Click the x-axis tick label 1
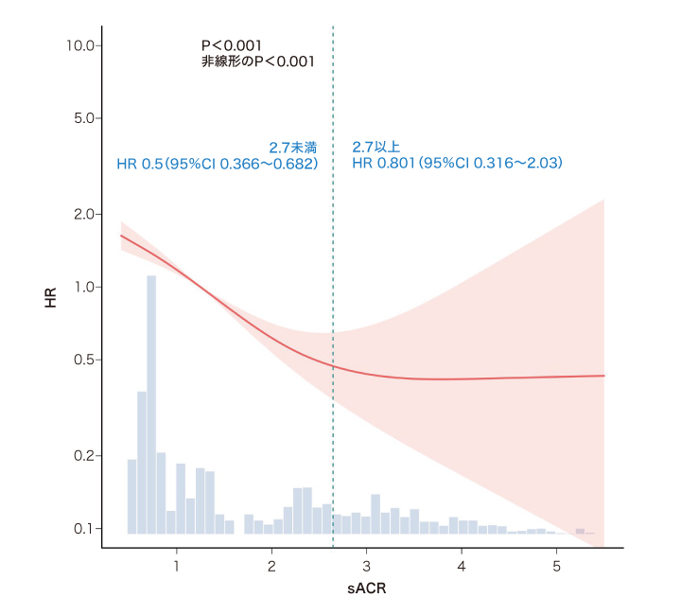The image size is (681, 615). (177, 566)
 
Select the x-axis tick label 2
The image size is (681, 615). (271, 566)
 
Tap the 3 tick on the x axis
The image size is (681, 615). (367, 566)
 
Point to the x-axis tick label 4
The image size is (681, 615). (462, 566)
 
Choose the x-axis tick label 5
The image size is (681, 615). (556, 566)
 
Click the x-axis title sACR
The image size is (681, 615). (366, 589)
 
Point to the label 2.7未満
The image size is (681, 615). (293, 147)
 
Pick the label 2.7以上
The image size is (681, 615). (376, 147)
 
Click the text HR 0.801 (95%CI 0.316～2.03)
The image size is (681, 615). (458, 164)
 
